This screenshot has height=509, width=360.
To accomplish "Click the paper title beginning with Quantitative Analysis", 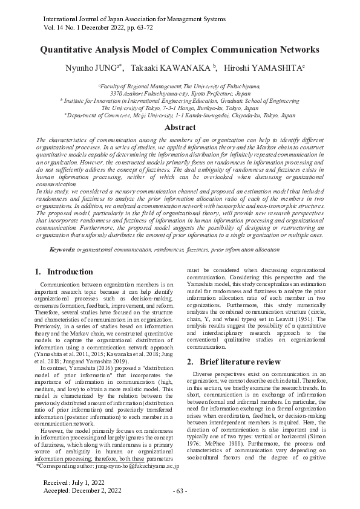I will click(180, 50).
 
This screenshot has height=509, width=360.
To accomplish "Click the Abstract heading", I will click(180, 127).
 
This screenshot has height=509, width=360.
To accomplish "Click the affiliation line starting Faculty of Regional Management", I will click(180, 87).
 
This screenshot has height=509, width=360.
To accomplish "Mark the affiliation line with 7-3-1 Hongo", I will click(180, 108).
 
